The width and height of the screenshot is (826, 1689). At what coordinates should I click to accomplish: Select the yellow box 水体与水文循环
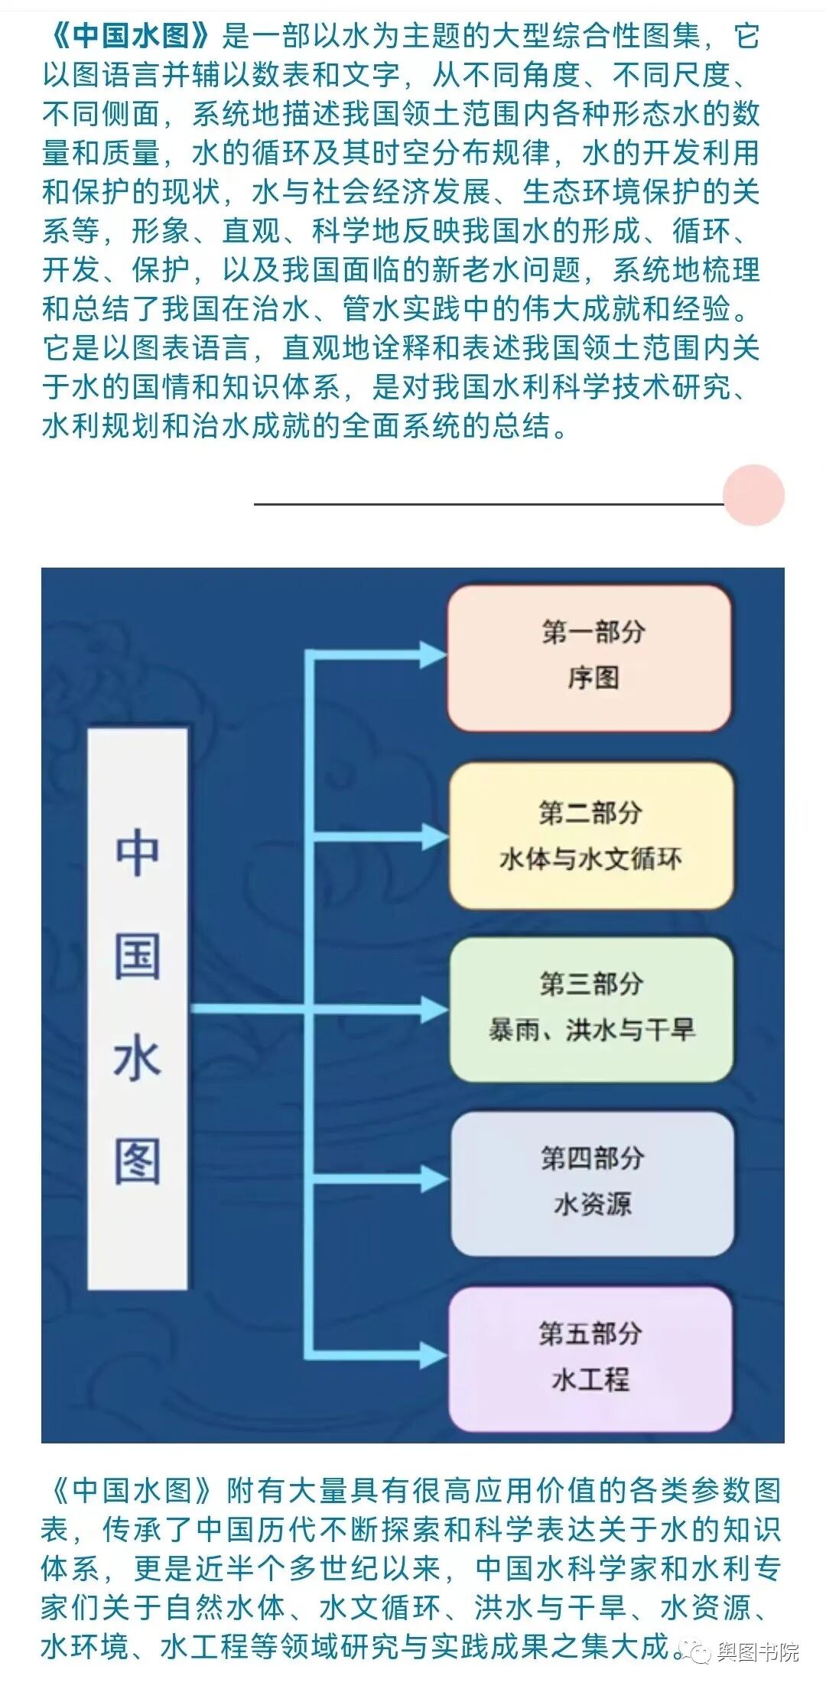591,835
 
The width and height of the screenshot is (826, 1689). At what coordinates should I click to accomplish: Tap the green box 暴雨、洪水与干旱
591,1008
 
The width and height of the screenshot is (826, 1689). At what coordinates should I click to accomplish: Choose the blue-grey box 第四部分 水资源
593,1183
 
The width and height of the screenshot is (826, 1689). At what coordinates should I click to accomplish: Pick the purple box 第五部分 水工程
590,1359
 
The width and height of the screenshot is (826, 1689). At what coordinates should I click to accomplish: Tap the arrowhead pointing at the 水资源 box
432,1179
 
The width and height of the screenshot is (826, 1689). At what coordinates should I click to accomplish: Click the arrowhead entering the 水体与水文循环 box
432,836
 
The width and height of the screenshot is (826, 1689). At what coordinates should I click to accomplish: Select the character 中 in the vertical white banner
138,853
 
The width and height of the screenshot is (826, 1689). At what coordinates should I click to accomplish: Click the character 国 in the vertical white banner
138,956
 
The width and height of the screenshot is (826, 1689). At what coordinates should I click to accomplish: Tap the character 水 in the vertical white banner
138,1059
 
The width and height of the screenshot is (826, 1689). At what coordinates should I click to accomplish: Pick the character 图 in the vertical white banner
138,1162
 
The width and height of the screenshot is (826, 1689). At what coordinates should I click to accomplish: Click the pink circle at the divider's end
753,495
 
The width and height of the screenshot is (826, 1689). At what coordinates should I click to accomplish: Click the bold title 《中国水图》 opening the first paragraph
130,35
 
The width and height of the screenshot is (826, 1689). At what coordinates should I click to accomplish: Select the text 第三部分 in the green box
591,984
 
